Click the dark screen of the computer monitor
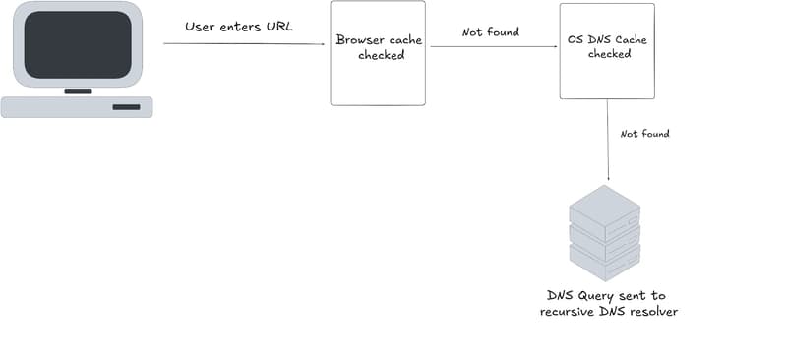point(77,45)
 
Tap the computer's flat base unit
point(77,106)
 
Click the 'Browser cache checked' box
point(378,54)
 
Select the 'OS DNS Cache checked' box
point(607,51)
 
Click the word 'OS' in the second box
point(576,39)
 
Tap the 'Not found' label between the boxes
point(491,32)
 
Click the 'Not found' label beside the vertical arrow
point(644,133)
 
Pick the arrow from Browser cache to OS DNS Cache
point(492,46)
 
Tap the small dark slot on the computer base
point(126,106)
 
